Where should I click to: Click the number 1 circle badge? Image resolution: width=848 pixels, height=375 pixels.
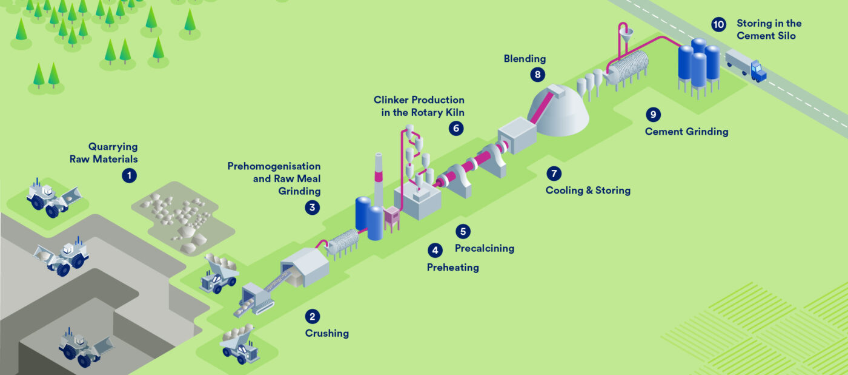tap(129, 175)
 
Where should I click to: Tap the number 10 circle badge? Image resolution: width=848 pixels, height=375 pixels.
tap(718, 25)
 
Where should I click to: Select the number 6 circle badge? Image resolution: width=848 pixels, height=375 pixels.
tap(456, 128)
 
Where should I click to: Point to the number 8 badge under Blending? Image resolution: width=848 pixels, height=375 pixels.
tap(538, 74)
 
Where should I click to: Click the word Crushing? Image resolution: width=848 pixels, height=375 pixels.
tap(326, 333)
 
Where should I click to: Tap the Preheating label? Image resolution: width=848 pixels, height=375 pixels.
tap(453, 268)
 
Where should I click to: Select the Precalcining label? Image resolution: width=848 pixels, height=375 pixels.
tap(485, 248)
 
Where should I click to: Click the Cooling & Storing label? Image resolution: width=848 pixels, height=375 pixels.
tap(588, 191)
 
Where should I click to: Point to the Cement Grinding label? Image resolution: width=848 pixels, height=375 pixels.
tap(686, 132)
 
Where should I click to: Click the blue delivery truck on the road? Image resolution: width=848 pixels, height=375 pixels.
tap(746, 65)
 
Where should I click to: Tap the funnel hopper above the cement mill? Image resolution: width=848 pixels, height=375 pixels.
tap(626, 35)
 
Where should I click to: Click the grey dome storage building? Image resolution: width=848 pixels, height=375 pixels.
tap(558, 110)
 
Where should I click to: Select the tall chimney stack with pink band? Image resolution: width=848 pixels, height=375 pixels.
tap(378, 180)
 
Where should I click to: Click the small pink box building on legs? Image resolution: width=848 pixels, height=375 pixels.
tap(392, 218)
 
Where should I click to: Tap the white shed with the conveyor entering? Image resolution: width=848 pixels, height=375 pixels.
tap(305, 267)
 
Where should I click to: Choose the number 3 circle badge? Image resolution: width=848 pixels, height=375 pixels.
tap(313, 208)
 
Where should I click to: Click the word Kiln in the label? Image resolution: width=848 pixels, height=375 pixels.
tap(455, 113)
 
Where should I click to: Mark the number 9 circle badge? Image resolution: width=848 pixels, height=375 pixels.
tap(653, 114)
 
